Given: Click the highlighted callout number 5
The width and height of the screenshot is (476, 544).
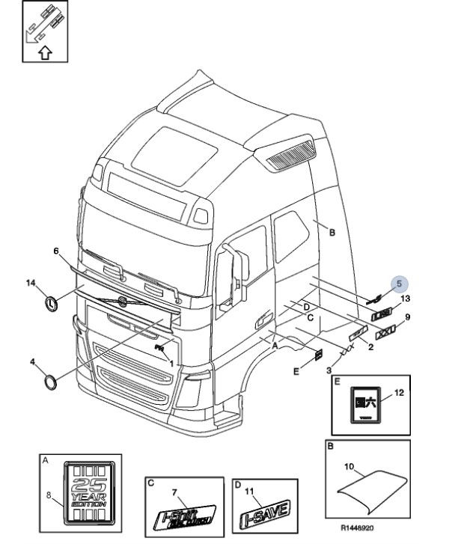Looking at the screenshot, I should pyautogui.click(x=399, y=284).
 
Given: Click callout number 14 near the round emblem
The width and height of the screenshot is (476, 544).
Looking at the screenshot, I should pyautogui.click(x=31, y=283).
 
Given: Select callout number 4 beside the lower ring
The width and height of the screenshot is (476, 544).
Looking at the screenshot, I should pyautogui.click(x=33, y=362).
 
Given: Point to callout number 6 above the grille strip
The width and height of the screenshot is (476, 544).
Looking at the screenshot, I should pyautogui.click(x=55, y=250).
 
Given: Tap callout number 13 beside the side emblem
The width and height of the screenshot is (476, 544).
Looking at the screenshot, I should pyautogui.click(x=405, y=299).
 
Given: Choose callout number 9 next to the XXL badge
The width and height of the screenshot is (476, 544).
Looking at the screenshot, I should pyautogui.click(x=408, y=317).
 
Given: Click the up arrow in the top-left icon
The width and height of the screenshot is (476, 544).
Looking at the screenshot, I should pyautogui.click(x=44, y=52).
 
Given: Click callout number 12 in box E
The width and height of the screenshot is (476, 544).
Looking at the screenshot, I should pyautogui.click(x=398, y=392).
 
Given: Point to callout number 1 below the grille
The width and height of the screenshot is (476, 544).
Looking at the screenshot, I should pyautogui.click(x=172, y=364).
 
